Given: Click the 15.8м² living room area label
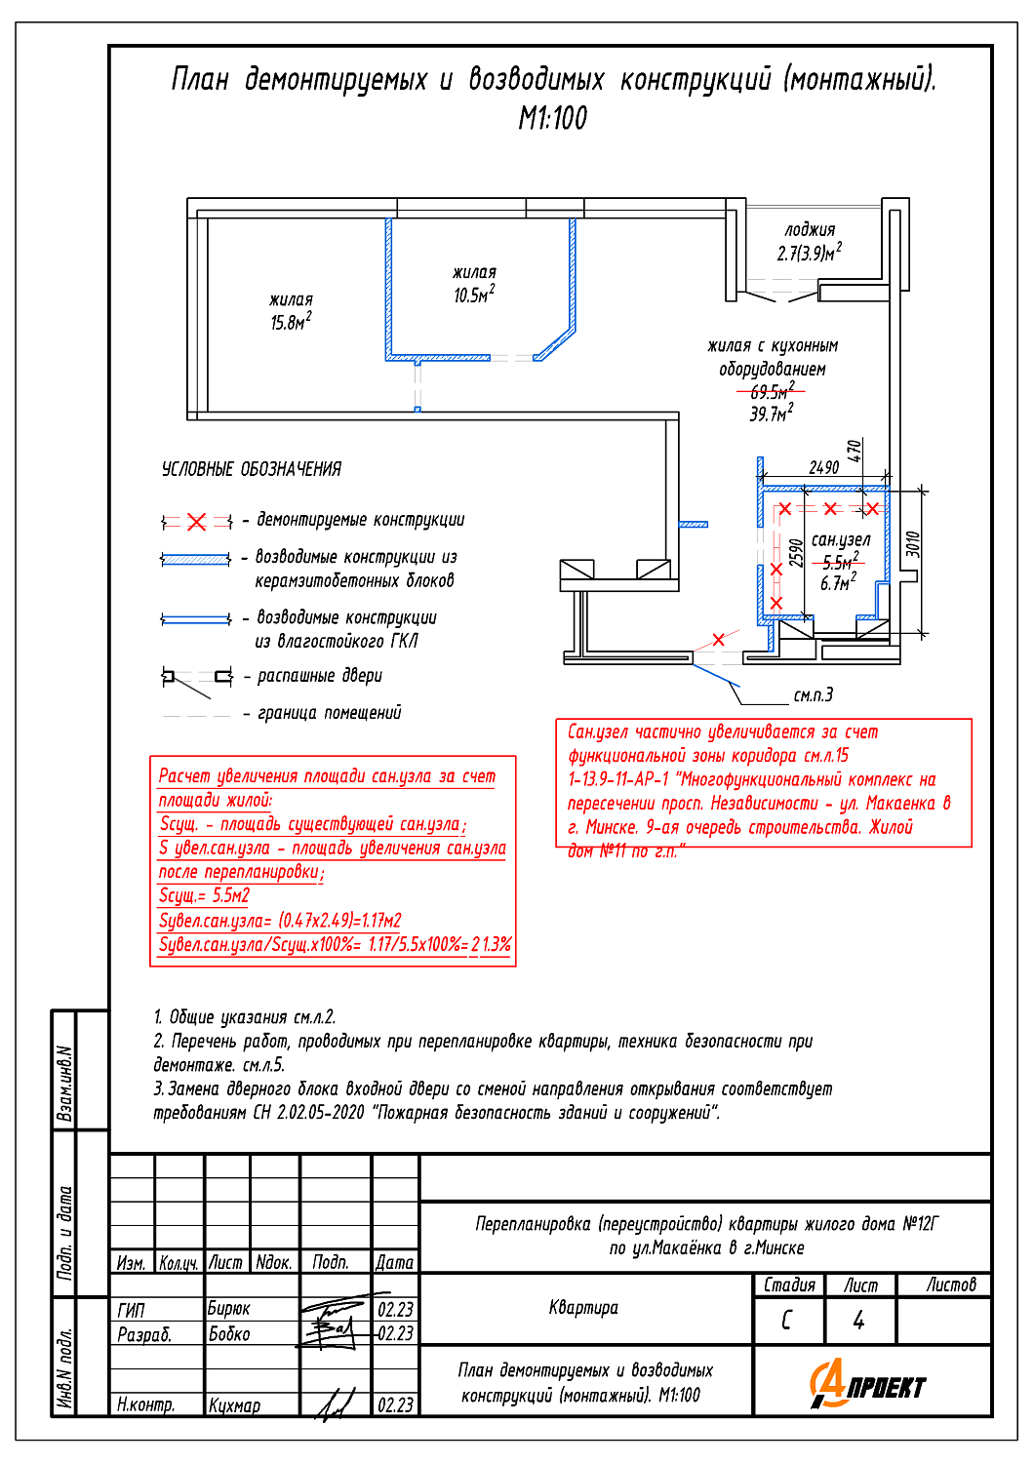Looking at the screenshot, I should click(291, 322).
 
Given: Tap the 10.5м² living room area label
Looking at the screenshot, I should click(474, 295).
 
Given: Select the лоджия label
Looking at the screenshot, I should click(810, 230).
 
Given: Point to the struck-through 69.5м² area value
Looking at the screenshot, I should click(772, 392).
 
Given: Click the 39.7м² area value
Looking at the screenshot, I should click(771, 415).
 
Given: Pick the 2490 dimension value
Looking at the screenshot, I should click(823, 468).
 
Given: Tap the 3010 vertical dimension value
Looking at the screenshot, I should click(913, 544).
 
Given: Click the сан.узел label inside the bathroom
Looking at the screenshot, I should click(840, 539).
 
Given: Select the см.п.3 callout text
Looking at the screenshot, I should click(813, 695).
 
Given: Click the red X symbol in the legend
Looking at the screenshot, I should click(197, 522).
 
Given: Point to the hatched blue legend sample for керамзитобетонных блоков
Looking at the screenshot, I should click(196, 560).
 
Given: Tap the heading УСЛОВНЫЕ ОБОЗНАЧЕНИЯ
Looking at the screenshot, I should click(252, 469).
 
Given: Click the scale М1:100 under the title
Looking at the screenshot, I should click(553, 119).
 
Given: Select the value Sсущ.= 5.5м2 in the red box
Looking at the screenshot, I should click(205, 895).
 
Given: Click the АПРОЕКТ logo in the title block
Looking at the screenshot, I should click(867, 1385).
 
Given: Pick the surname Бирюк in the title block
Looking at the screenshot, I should click(229, 1309).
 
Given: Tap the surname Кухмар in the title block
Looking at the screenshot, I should click(234, 1405).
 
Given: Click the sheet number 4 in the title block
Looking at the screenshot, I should click(858, 1321).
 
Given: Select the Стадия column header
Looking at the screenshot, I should click(789, 1285).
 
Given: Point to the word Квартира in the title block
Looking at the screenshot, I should click(583, 1308).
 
